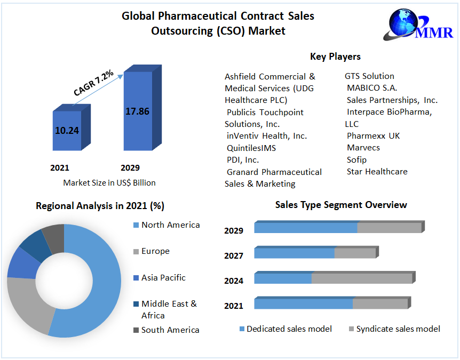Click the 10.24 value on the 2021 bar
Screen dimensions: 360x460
click(x=67, y=130)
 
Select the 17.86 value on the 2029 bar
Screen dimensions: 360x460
click(x=137, y=111)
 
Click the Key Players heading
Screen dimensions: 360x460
click(x=335, y=57)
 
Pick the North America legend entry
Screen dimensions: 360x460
click(x=170, y=225)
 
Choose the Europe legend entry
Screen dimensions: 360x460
click(x=155, y=251)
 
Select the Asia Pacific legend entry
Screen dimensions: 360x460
click(x=163, y=277)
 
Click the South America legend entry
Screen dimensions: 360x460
click(x=170, y=330)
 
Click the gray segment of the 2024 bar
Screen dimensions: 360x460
click(x=361, y=279)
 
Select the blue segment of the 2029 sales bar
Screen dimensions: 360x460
click(x=305, y=228)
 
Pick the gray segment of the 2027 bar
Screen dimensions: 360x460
click(x=355, y=253)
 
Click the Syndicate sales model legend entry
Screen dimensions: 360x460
click(x=398, y=329)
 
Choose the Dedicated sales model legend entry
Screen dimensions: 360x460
click(x=289, y=329)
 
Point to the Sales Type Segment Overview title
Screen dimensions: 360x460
click(x=341, y=205)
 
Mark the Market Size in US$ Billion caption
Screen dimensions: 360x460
click(x=109, y=183)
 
